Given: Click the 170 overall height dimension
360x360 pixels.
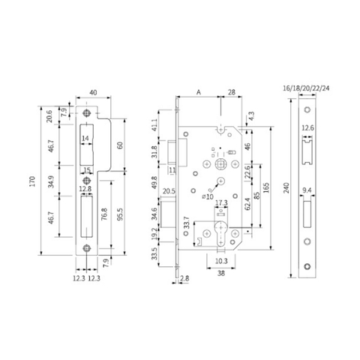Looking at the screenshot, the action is tap(33, 181).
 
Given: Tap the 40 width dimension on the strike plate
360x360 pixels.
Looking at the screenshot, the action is tap(93, 92).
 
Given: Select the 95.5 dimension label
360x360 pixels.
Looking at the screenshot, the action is tap(120, 213).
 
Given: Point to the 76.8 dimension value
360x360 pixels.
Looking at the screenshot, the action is tap(104, 214).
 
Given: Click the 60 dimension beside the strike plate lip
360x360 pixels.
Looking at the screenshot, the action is tap(120, 145).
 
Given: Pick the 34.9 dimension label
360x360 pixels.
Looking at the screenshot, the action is tap(51, 181).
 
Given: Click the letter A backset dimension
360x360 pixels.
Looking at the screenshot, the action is tap(199, 92).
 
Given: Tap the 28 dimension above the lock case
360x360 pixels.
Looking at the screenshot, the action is tap(232, 92).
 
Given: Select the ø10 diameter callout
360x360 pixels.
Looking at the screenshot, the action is tap(208, 196).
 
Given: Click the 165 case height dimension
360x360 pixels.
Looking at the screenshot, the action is tap(266, 187).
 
